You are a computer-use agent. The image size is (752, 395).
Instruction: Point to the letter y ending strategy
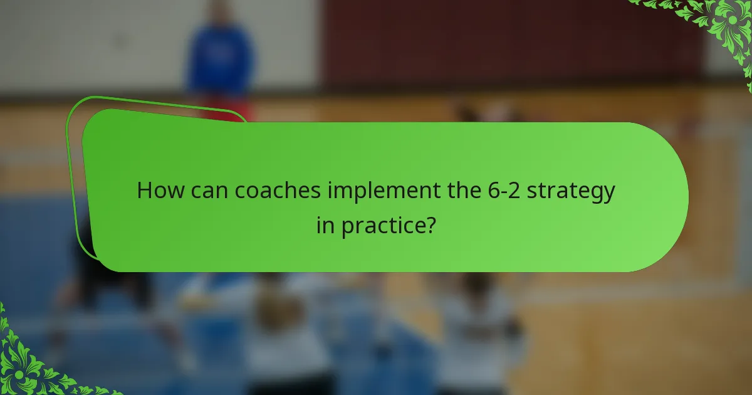pyautogui.click(x=608, y=194)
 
